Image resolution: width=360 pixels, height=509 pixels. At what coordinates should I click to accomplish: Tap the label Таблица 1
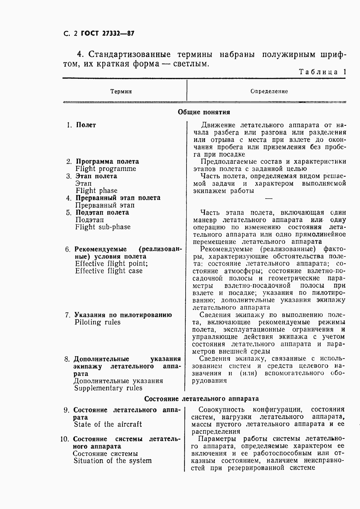click(x=322, y=72)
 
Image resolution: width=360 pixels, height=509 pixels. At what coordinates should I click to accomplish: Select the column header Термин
click(x=121, y=91)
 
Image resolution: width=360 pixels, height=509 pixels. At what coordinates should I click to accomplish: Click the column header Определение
click(x=269, y=91)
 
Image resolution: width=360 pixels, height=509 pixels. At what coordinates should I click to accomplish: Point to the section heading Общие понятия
click(x=204, y=112)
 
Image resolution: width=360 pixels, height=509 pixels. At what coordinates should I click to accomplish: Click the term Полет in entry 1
click(x=86, y=125)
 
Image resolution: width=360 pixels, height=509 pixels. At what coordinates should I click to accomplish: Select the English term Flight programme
click(x=106, y=169)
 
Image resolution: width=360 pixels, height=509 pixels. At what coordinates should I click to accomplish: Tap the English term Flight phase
click(x=96, y=191)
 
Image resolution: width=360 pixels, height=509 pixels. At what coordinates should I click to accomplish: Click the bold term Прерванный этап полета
click(x=118, y=198)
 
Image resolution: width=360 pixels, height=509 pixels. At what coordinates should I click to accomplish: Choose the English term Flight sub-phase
click(x=103, y=227)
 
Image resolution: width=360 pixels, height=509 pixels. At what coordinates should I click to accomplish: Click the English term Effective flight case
click(x=109, y=271)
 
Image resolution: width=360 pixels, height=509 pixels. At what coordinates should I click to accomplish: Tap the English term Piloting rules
click(x=97, y=322)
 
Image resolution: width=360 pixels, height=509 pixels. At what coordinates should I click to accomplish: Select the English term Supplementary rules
click(x=108, y=388)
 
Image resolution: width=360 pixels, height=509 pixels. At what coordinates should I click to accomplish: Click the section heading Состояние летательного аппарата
click(x=201, y=398)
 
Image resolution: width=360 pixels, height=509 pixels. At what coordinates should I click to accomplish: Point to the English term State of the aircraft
click(x=108, y=424)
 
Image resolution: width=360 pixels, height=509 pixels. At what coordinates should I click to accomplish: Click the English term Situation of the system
click(x=112, y=461)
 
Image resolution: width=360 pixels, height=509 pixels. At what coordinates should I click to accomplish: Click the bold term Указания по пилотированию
click(x=123, y=315)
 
